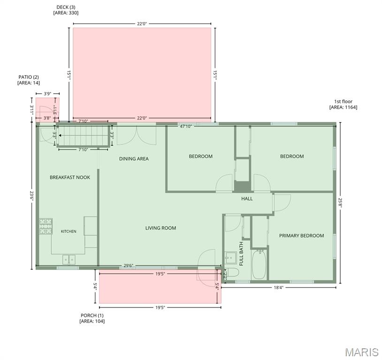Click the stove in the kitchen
46,226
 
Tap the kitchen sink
69,260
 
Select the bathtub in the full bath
259,264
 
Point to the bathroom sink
230,258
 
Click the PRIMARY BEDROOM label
302,236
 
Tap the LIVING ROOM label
161,228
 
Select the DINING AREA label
134,159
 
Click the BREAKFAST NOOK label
70,178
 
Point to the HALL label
247,199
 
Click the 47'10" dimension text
186,127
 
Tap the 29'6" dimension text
129,266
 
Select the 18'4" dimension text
278,287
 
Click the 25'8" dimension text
340,203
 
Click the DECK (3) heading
66,7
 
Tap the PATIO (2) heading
29,77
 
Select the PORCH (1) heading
92,315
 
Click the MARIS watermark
361,352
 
